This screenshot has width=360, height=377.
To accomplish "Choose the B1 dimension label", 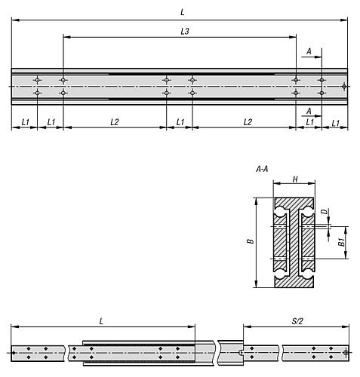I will (342, 241).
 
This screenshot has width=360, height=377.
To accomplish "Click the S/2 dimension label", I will (296, 320).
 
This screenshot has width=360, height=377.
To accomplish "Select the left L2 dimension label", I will (114, 121).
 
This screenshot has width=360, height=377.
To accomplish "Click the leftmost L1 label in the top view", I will (24, 121).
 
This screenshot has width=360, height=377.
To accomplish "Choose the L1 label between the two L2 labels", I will (180, 121).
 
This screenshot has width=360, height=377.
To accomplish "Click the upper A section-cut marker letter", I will (308, 51).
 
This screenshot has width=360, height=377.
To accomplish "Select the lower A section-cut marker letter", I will (308, 110).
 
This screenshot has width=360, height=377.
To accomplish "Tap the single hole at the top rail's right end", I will (343, 86).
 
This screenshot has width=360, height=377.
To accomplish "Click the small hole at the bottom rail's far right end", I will (345, 352).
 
